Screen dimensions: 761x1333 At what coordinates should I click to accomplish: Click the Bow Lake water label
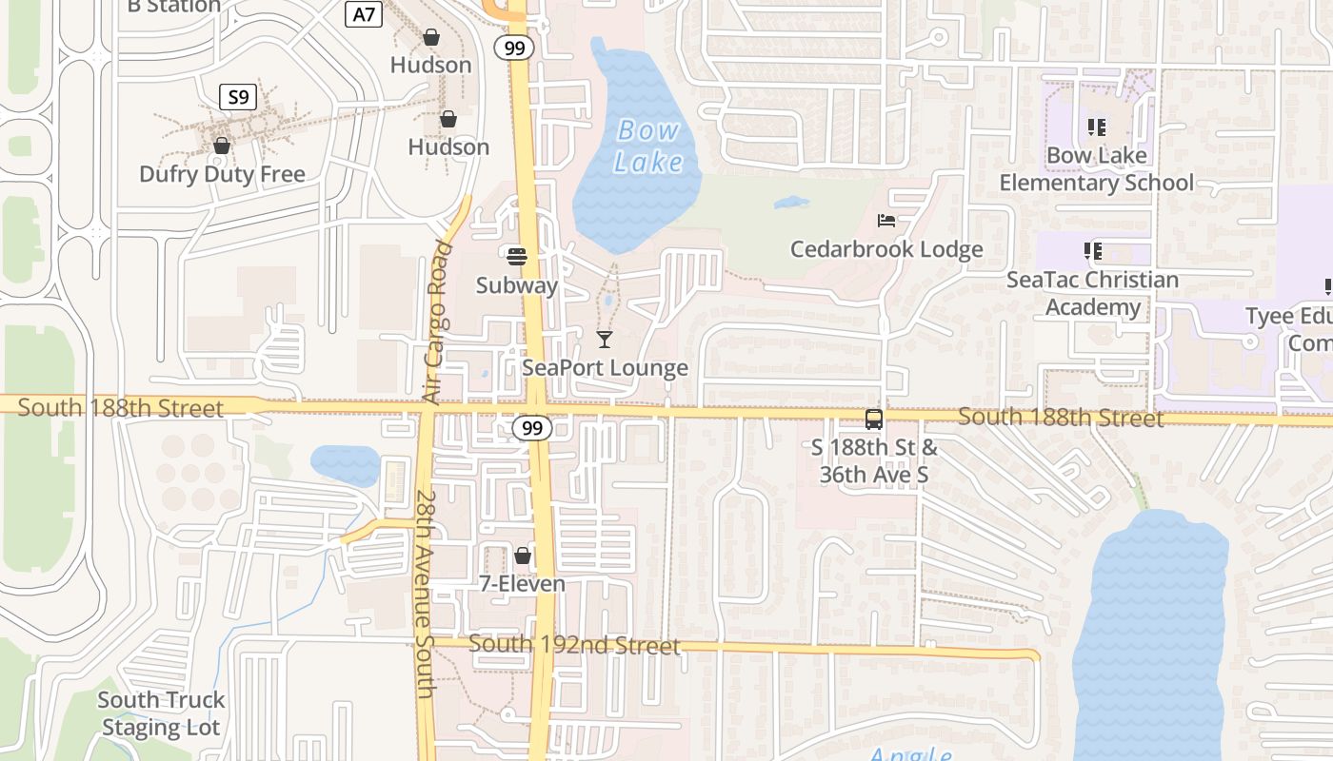[x=648, y=146]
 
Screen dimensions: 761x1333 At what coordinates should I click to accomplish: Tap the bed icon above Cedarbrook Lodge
[x=886, y=221]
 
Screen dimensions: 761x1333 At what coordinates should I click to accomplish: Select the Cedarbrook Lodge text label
[x=886, y=249]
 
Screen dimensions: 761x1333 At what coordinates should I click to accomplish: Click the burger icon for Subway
[x=517, y=256]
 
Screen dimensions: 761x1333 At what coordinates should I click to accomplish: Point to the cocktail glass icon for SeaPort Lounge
[x=605, y=339]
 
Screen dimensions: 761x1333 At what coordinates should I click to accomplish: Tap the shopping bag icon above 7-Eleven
[x=522, y=556]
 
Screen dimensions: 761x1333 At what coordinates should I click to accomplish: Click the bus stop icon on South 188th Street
[x=873, y=419]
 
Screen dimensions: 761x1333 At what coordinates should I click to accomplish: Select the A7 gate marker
[x=364, y=14]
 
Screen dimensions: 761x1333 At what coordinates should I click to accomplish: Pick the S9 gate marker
[x=238, y=96]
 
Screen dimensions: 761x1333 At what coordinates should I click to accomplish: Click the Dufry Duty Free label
[x=222, y=174]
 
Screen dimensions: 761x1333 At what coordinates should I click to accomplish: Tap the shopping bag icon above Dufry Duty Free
[x=222, y=146]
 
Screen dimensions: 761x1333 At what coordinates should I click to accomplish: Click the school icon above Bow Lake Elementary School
[x=1096, y=127]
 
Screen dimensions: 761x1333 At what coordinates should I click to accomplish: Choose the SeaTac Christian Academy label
[x=1093, y=293]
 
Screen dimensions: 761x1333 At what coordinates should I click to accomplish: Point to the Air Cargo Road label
[x=439, y=322]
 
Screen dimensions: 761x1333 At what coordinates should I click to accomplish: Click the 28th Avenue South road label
[x=425, y=595]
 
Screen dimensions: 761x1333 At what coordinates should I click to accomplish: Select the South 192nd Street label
[x=574, y=645]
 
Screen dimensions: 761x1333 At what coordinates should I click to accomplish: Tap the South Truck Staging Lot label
[x=161, y=713]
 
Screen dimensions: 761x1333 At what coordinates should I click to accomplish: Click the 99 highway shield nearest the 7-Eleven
[x=531, y=429]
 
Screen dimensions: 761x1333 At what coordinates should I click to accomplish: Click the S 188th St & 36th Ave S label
[x=873, y=460]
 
